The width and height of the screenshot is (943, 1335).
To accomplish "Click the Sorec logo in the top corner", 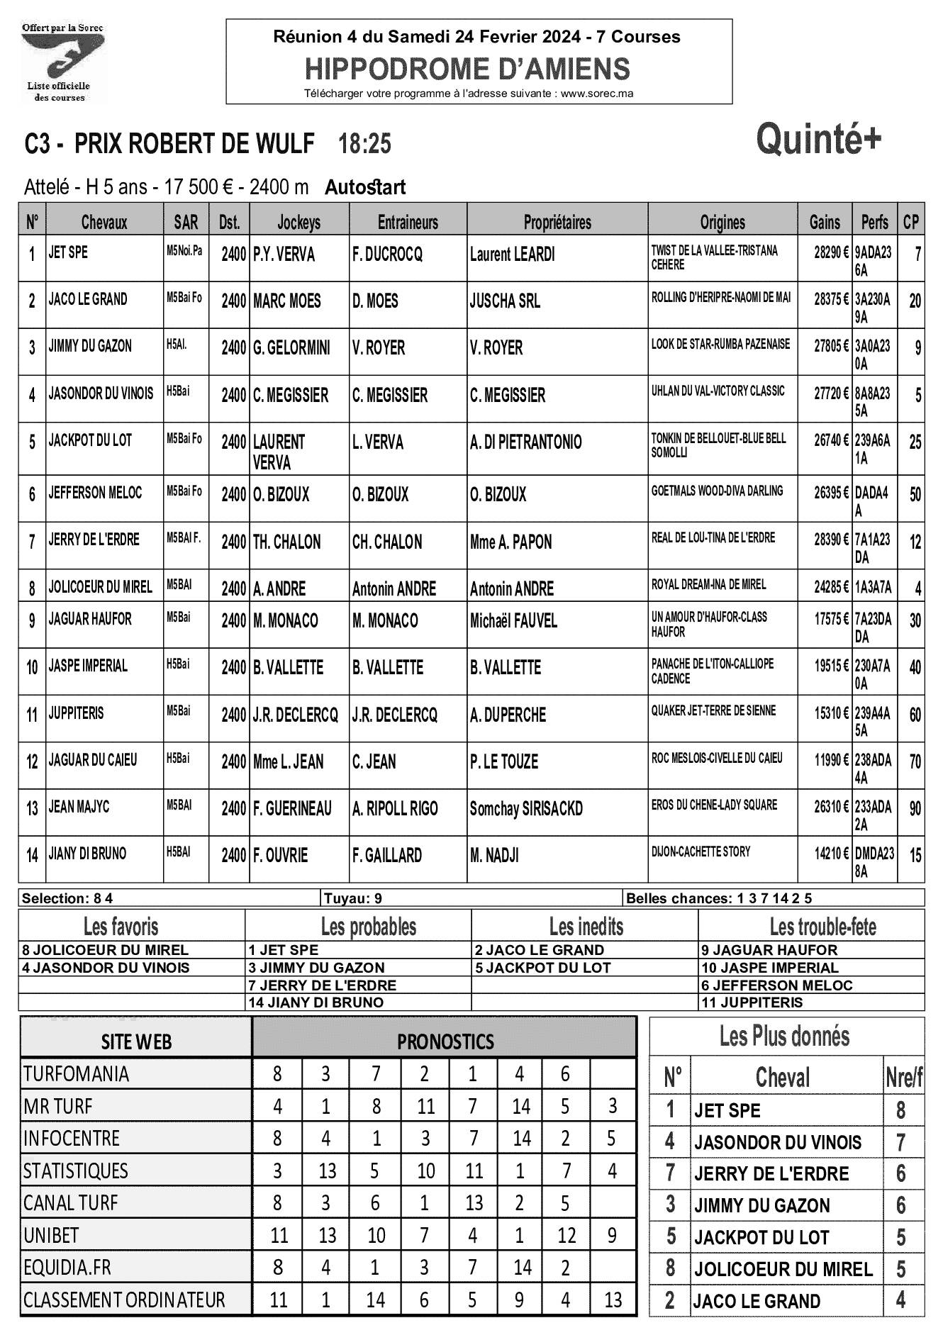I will (62, 62).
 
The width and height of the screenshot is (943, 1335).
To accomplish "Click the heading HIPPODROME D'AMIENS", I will (467, 69).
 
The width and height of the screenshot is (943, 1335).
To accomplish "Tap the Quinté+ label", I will (819, 138).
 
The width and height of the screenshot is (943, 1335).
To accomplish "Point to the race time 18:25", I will (364, 144).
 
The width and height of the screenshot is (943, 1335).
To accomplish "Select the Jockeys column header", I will (298, 222).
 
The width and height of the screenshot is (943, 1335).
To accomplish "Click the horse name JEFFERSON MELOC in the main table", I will (95, 492).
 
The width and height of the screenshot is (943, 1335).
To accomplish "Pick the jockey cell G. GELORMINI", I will (291, 348).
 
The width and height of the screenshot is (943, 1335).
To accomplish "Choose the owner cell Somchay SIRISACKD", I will (526, 808).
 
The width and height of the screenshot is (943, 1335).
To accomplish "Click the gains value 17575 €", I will (831, 619).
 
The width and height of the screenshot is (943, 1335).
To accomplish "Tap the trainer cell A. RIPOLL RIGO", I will (395, 808).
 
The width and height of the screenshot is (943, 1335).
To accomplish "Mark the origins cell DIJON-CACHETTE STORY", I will (701, 851).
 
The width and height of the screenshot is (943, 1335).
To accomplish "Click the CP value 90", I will (915, 808).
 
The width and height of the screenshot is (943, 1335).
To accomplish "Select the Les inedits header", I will (586, 927).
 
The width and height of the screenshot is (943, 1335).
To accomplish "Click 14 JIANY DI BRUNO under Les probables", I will (316, 1002).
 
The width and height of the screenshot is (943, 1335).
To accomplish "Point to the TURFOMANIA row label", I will (77, 1073).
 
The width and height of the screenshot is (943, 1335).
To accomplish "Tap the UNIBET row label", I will (51, 1235).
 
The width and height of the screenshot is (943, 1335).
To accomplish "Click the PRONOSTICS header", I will (445, 1041).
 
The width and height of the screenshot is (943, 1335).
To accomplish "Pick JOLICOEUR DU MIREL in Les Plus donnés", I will (783, 1268).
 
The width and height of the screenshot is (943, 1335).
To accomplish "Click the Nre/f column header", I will (903, 1078).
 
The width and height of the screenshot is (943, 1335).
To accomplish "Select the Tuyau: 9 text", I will (353, 898).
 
